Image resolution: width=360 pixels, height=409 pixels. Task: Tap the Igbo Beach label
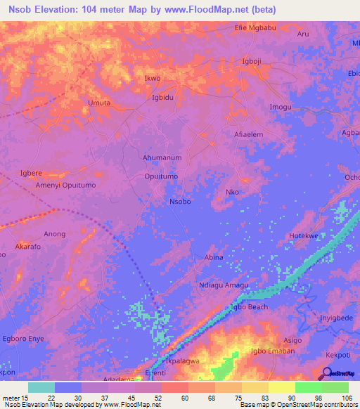pos(248,307)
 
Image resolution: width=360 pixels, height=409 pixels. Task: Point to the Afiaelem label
pos(248,134)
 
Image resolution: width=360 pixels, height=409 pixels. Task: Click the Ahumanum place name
pos(162,158)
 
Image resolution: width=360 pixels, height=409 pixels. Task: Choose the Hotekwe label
pos(304,236)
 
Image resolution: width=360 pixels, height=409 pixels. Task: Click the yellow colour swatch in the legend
pos(281,387)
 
